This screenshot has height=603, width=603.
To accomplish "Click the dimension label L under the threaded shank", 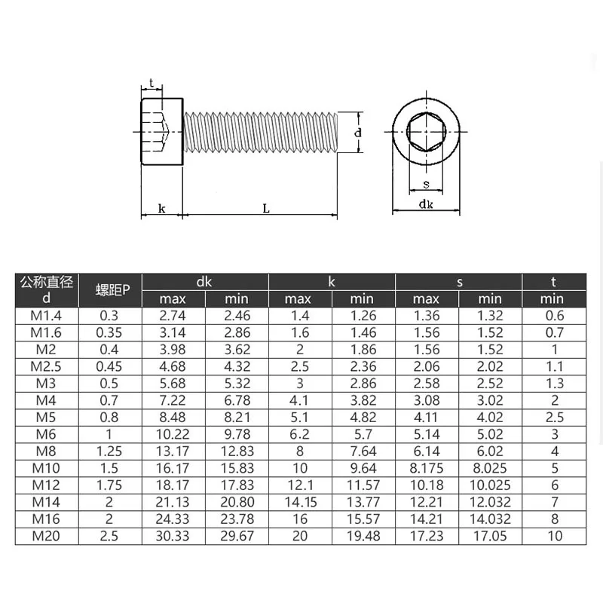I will click(266, 209).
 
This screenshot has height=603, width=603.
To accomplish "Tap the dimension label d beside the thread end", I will click(359, 133).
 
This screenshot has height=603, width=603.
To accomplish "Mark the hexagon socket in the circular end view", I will click(426, 133).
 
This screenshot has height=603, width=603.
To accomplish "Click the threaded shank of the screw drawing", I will click(260, 133).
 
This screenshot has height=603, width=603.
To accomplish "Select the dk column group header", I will click(205, 282).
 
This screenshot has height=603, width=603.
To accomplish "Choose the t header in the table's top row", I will click(553, 282).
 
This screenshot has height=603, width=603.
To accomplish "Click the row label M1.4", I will click(46, 316).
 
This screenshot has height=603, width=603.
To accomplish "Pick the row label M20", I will click(46, 536).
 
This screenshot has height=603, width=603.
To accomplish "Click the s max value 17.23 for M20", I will click(427, 536).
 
